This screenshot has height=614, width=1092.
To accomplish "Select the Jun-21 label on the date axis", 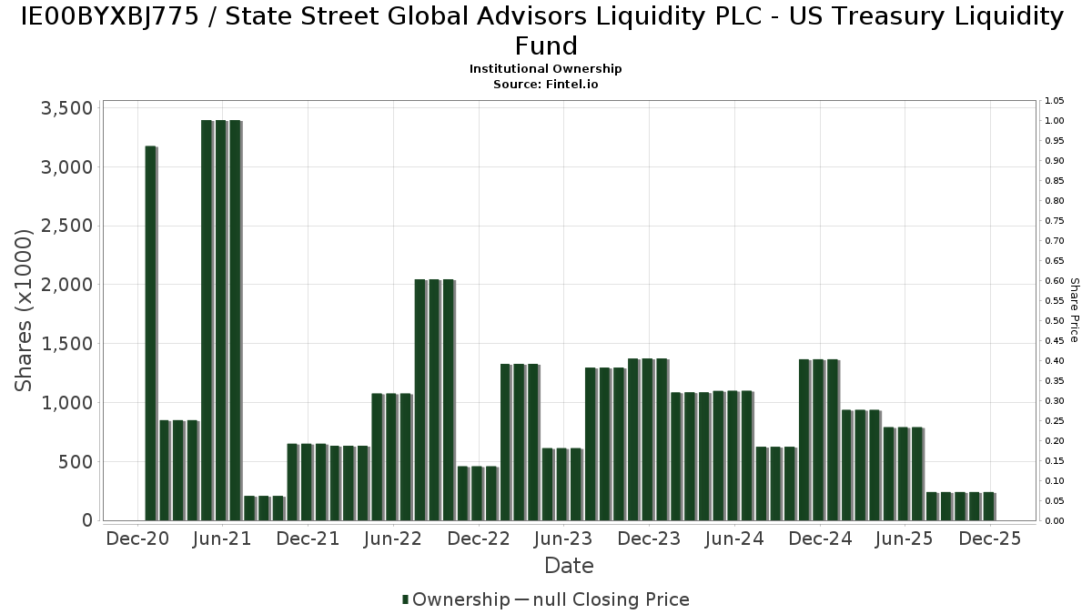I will [x=222, y=539].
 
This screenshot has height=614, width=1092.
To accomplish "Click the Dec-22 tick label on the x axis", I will [x=478, y=539].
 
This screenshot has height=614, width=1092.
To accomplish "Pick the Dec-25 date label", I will [x=990, y=539].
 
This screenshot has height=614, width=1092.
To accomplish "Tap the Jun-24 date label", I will [x=734, y=539].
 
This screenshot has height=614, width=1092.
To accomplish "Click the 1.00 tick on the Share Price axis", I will [x=1055, y=121].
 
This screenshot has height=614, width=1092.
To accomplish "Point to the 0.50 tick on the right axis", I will [x=1055, y=321].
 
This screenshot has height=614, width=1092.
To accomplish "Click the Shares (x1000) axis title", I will [x=25, y=310].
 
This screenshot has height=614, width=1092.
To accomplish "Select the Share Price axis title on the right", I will [x=1074, y=310].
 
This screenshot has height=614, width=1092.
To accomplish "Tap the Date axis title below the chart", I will [x=569, y=566].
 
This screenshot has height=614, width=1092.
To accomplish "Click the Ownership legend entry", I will [x=460, y=599].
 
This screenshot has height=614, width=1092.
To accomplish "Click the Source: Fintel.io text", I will [x=546, y=84].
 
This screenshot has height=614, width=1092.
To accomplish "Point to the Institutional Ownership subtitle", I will [x=546, y=69].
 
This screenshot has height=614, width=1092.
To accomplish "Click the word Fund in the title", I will [x=546, y=45].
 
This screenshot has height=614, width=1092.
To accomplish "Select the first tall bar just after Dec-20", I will [x=150, y=333].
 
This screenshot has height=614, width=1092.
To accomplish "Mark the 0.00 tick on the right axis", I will [x=1055, y=521].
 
